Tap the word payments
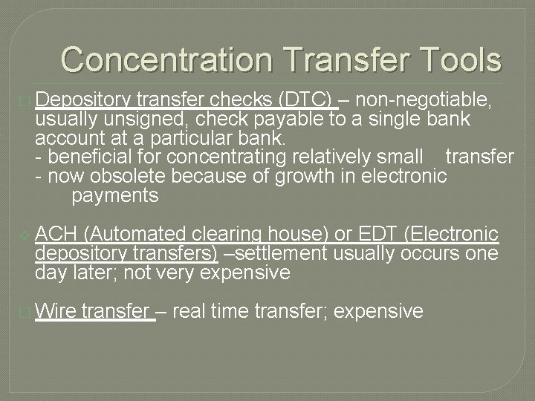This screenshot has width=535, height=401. [x=115, y=196]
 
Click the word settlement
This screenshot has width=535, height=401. [x=281, y=254]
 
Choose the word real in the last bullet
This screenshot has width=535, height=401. [x=189, y=311]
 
